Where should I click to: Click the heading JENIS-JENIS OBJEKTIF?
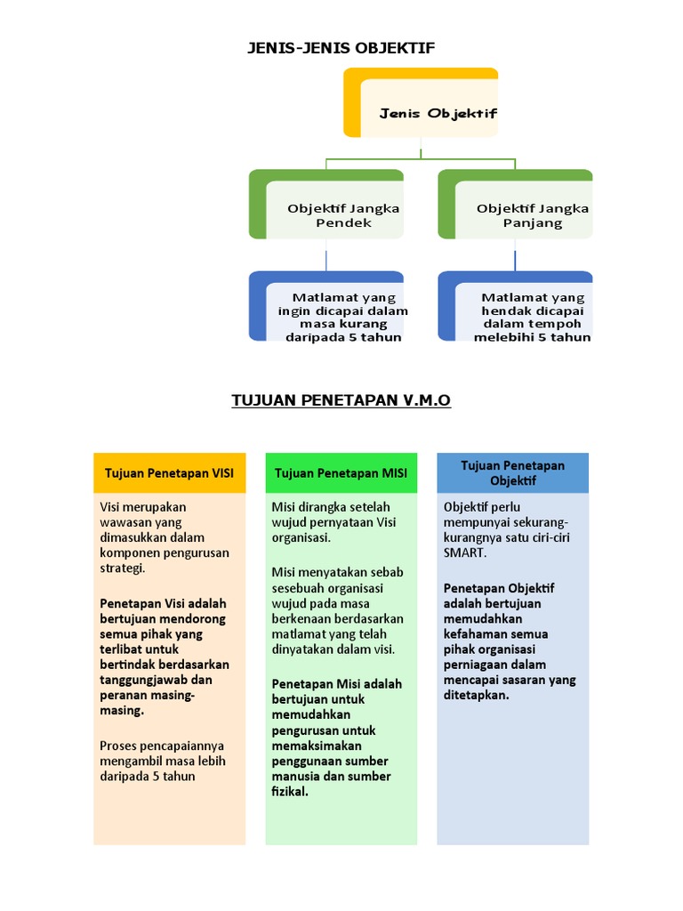341,48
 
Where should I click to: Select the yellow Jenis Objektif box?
422,103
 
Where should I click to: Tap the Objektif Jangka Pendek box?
326,206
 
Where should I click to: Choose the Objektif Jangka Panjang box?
516,206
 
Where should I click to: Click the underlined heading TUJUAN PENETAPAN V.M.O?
341,401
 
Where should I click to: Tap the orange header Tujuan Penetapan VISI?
169,473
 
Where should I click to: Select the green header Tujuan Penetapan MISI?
341,473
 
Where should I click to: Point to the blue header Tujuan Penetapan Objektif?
512,472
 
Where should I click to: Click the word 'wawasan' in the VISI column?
125,522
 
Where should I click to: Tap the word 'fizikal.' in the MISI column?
290,792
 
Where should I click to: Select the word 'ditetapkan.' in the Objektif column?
476,695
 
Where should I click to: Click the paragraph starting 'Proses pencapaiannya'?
163,761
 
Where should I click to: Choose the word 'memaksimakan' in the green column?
312,746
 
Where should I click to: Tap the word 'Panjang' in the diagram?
533,222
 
